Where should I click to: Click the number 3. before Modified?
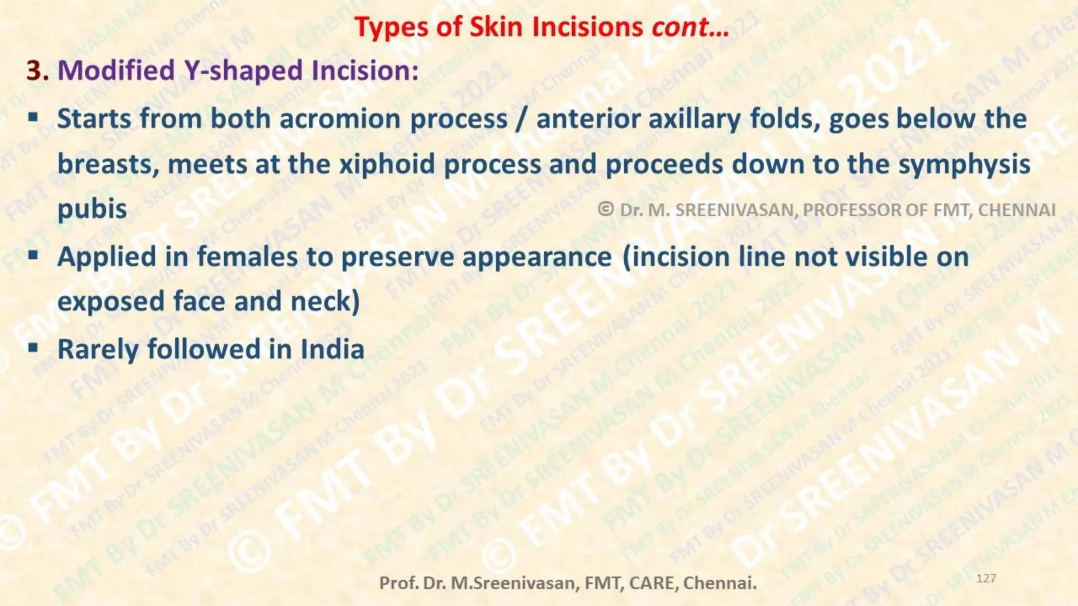pos(37,70)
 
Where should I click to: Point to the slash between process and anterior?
pos(521,118)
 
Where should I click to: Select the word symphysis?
pos(964,164)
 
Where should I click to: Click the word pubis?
pos(92,209)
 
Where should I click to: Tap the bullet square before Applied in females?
pos(33,256)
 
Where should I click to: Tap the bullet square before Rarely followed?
pos(33,348)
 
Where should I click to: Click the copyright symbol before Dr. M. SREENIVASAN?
pos(606,209)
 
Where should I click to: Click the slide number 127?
pos(985,579)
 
